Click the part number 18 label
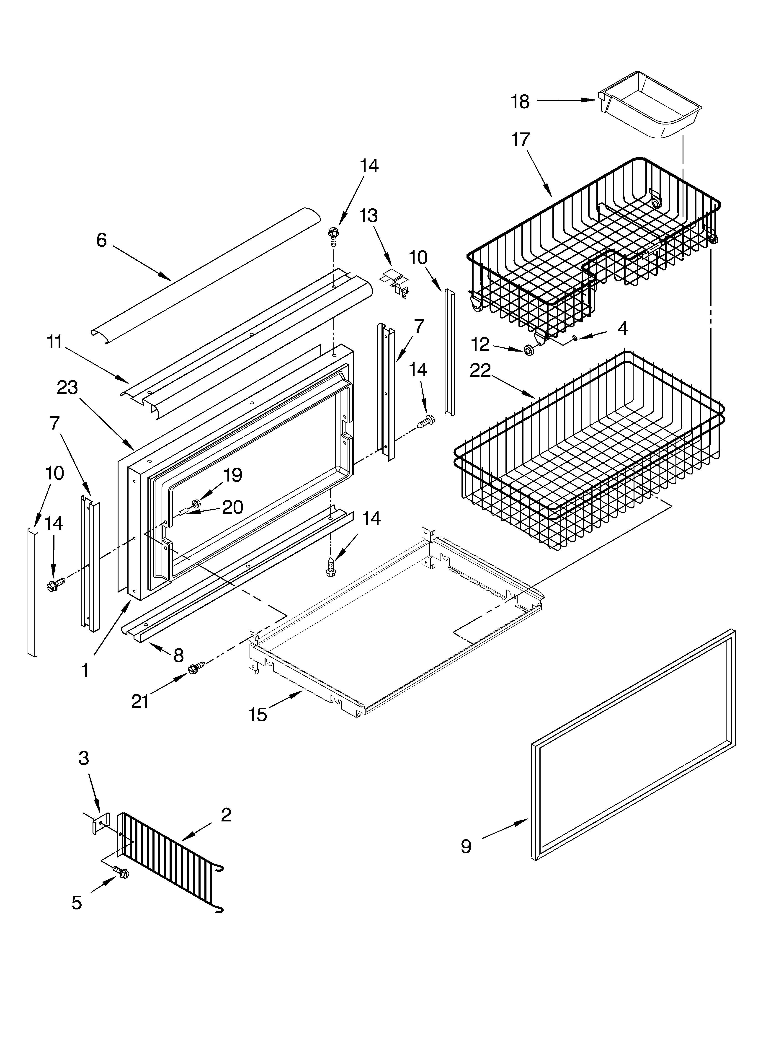520,102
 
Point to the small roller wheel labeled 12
528,350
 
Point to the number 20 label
232,507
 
